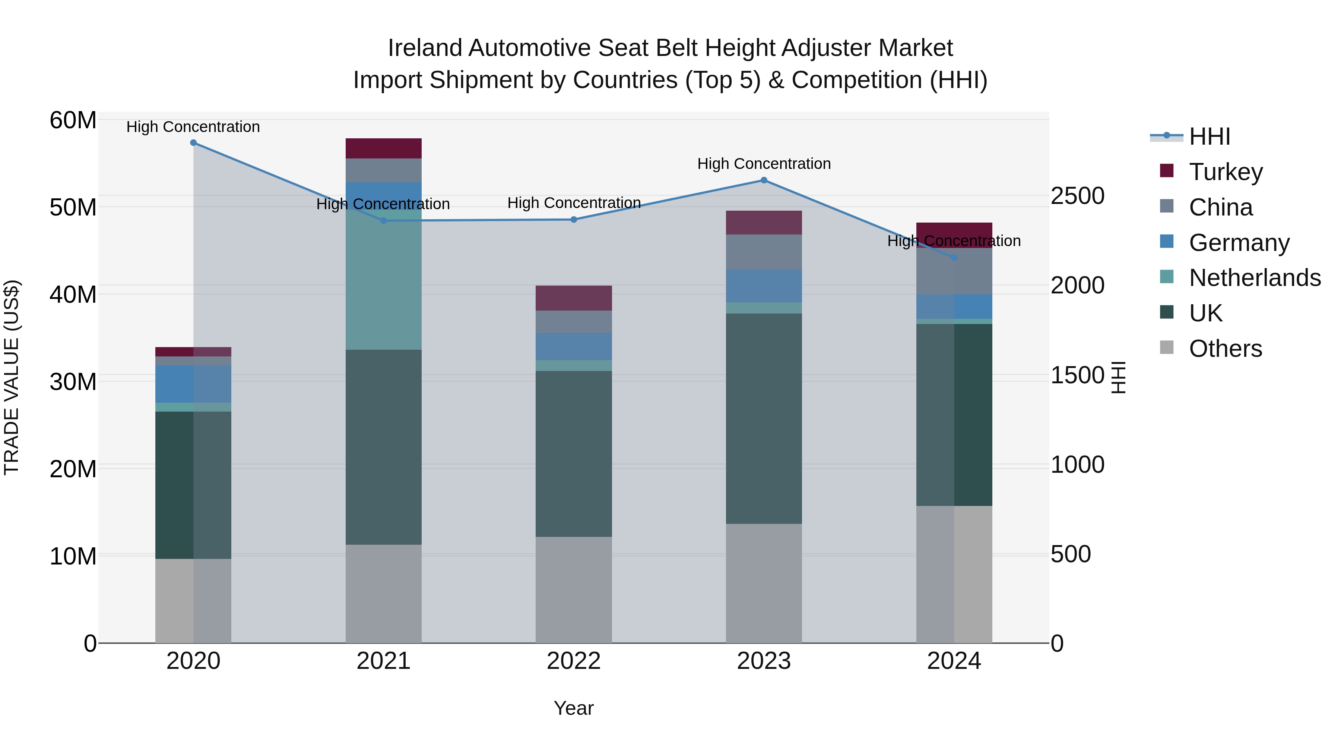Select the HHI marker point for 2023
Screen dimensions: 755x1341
point(764,180)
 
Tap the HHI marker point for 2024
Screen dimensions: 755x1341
point(954,257)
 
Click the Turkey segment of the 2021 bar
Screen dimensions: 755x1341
point(384,148)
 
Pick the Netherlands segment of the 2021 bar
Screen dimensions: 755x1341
point(384,279)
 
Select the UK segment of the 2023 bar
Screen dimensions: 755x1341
point(764,418)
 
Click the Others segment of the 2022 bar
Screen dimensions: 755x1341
point(574,590)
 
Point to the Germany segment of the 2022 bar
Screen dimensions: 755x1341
point(574,346)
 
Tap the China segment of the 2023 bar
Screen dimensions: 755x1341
point(764,252)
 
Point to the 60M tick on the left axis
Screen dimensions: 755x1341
point(73,120)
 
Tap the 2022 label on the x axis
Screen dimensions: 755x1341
point(574,661)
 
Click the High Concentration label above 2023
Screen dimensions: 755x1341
point(764,164)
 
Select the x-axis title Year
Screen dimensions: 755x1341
point(574,708)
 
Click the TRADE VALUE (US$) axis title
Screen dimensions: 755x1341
point(12,377)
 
